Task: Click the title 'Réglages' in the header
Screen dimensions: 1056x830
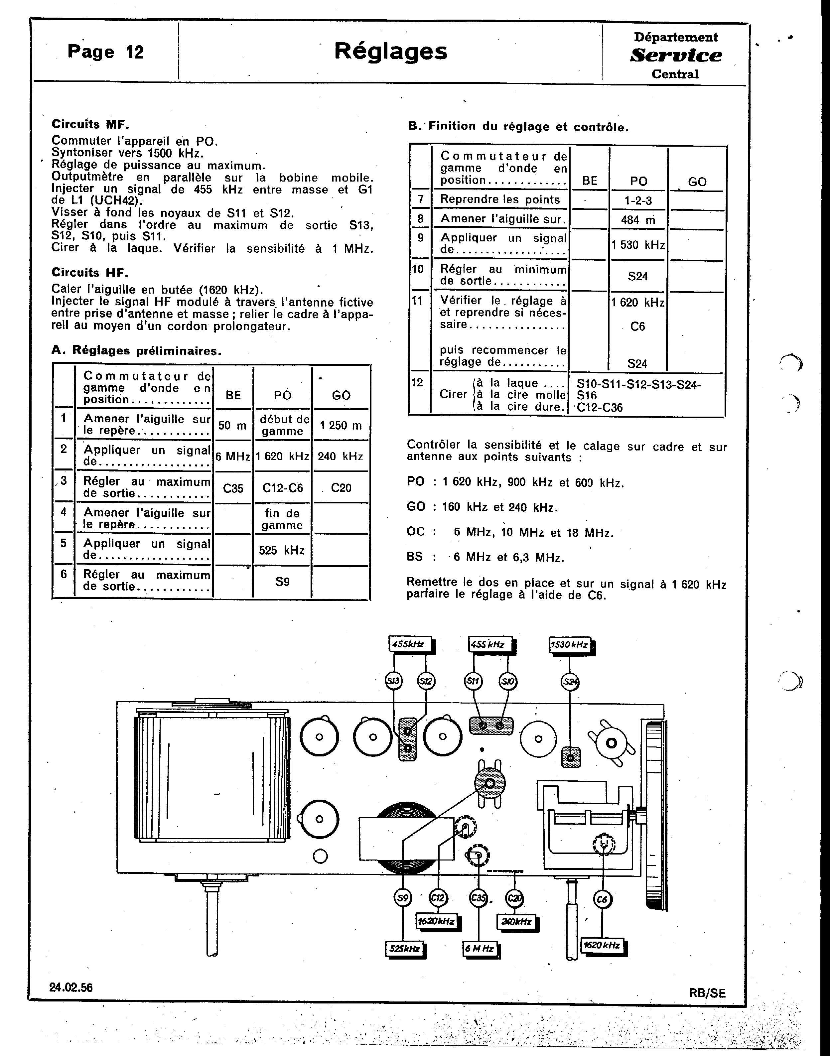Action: pyautogui.click(x=391, y=51)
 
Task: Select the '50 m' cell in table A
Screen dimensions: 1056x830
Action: pyautogui.click(x=232, y=426)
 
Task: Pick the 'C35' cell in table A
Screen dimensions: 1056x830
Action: pyautogui.click(x=233, y=488)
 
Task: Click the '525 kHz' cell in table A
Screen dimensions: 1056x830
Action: pyautogui.click(x=282, y=550)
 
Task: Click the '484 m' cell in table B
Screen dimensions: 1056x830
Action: pyautogui.click(x=638, y=220)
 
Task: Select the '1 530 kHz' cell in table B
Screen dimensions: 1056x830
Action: pyautogui.click(x=638, y=245)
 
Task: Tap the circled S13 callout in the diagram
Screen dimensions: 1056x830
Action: pyautogui.click(x=393, y=681)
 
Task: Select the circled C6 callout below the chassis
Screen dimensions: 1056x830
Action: pyautogui.click(x=602, y=899)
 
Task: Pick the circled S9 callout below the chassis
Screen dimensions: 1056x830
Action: pyautogui.click(x=402, y=898)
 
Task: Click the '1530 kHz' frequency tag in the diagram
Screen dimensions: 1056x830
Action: pyautogui.click(x=570, y=645)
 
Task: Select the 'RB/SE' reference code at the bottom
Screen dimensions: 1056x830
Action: pyautogui.click(x=707, y=993)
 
